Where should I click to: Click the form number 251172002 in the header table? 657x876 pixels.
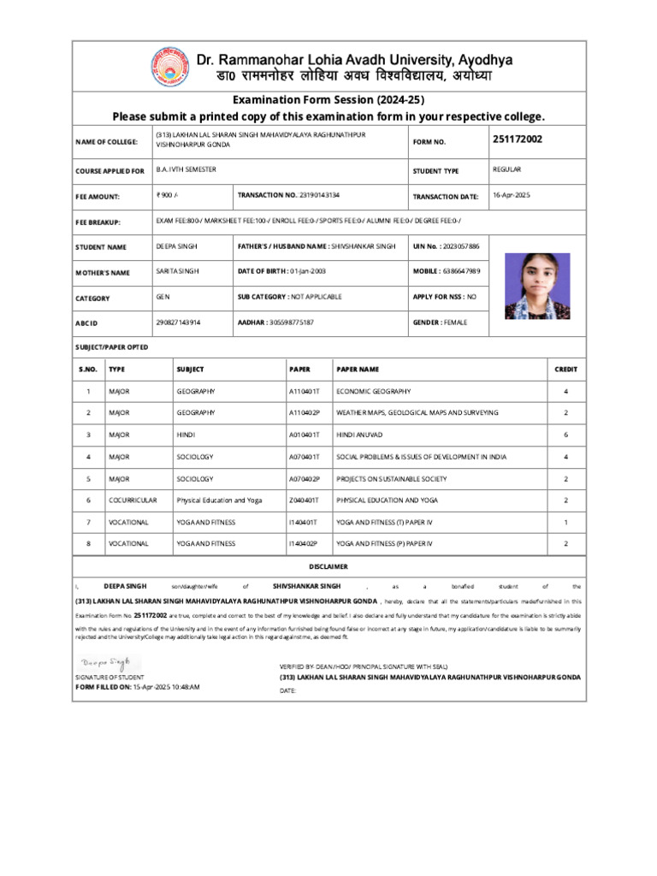point(517,139)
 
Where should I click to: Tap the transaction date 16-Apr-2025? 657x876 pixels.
point(512,196)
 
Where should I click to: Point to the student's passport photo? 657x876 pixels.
point(536,286)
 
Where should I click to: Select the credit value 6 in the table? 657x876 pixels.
point(565,435)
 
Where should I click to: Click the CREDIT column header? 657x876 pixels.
point(565,370)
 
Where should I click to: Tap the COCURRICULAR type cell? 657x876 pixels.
point(133,500)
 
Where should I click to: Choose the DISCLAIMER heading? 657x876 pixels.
point(328,567)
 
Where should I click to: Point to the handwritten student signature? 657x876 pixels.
point(107,662)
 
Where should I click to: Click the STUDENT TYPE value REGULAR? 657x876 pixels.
point(507,170)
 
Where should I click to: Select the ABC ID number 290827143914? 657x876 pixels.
point(178,322)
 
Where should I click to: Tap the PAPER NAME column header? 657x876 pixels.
point(358,370)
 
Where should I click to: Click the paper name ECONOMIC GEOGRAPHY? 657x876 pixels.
point(373,391)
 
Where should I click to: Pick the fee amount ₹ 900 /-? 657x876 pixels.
point(167,196)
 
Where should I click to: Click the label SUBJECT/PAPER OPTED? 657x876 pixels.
point(112,347)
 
